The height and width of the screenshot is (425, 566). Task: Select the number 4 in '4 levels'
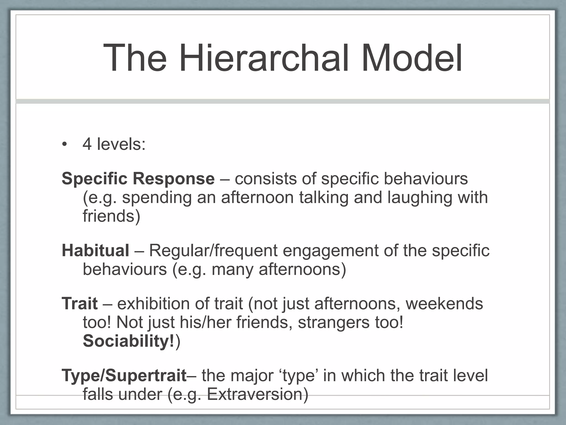click(x=87, y=144)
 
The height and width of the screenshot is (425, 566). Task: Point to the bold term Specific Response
click(x=138, y=179)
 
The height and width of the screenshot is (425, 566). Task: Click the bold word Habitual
click(x=95, y=250)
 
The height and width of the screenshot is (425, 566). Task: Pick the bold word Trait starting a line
click(x=80, y=304)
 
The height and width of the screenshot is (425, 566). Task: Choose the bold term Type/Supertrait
click(x=124, y=375)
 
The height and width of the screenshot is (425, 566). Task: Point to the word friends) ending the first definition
click(x=111, y=216)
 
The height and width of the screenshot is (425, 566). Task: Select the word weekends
click(x=444, y=304)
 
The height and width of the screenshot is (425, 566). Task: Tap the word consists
click(x=265, y=179)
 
